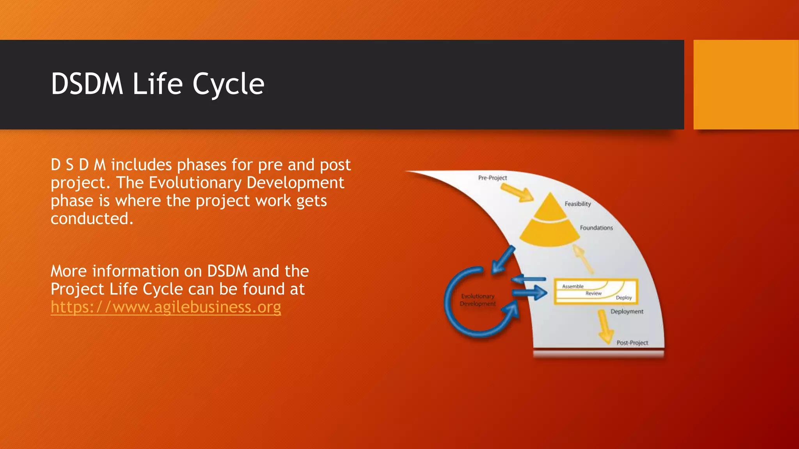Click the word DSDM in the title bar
pyautogui.click(x=87, y=84)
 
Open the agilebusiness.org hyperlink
pyautogui.click(x=166, y=307)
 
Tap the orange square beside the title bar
pyautogui.click(x=746, y=84)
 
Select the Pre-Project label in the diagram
pyautogui.click(x=492, y=178)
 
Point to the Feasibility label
pyautogui.click(x=577, y=204)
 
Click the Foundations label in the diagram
pyautogui.click(x=596, y=228)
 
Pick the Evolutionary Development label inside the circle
pyautogui.click(x=478, y=300)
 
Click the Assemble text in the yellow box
pyautogui.click(x=573, y=286)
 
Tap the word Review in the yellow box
pyautogui.click(x=593, y=293)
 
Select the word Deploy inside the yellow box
pyautogui.click(x=623, y=298)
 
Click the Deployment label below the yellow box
pyautogui.click(x=627, y=311)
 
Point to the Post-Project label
pyautogui.click(x=632, y=343)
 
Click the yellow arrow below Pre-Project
pyautogui.click(x=517, y=193)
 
